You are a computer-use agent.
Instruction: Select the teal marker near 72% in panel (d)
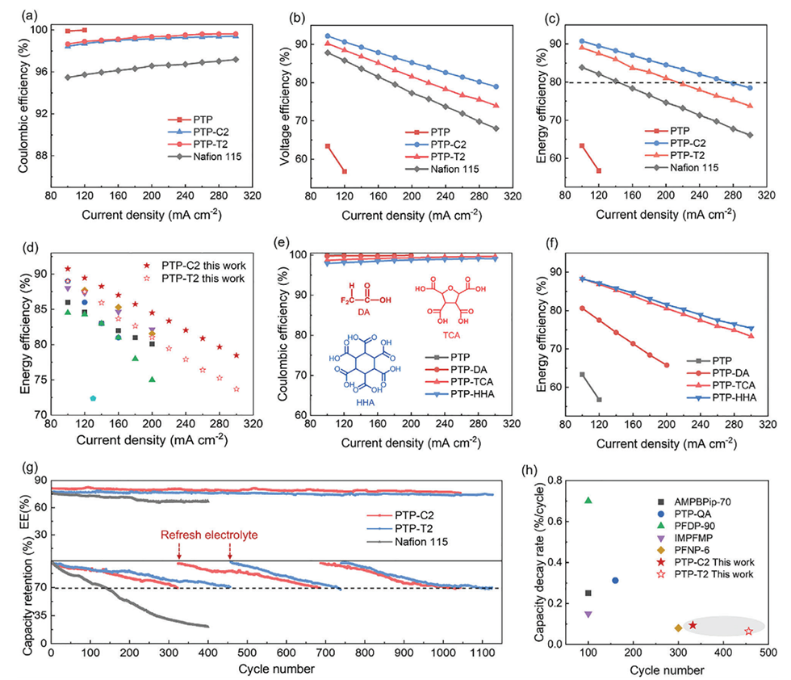pos(93,398)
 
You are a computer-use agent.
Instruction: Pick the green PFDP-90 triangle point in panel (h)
pos(588,501)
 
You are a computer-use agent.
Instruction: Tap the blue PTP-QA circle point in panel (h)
pos(615,580)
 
